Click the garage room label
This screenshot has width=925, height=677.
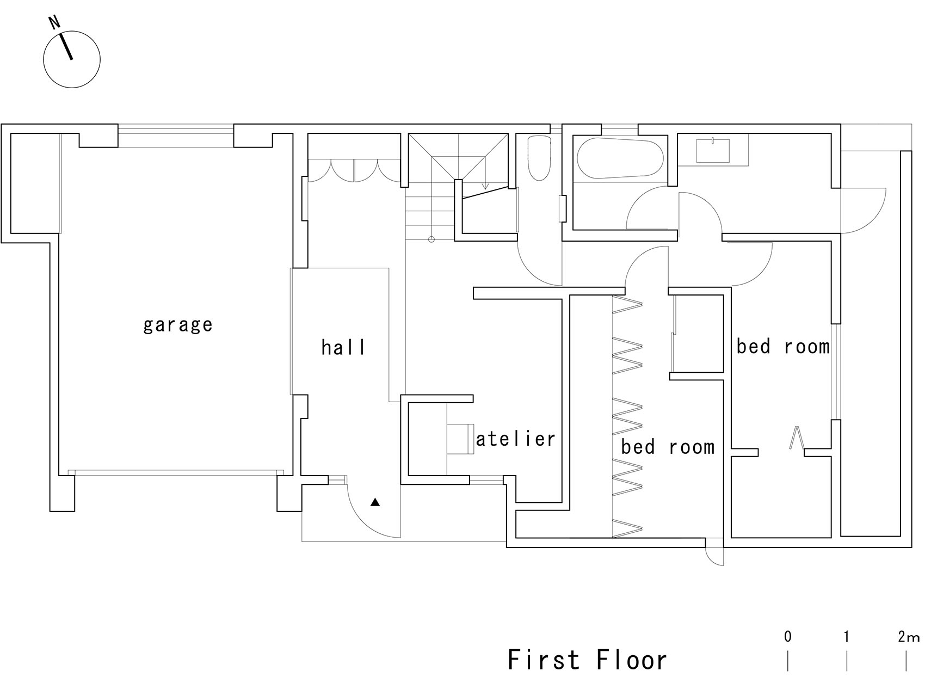click(178, 325)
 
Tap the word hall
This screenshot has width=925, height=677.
click(343, 347)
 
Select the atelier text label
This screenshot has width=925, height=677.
click(515, 439)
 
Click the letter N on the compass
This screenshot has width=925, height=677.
click(54, 22)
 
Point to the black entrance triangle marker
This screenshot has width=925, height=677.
click(375, 502)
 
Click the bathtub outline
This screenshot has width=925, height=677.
click(620, 158)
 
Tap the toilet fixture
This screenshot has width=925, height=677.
click(539, 158)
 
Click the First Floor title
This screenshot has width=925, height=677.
click(587, 660)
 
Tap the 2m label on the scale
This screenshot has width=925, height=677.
click(908, 637)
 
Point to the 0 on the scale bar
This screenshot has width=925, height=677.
click(788, 636)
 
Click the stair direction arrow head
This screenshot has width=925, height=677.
click(485, 187)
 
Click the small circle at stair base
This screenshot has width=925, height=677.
click(431, 239)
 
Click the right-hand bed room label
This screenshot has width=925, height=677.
click(783, 346)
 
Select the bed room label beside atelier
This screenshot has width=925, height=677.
click(668, 447)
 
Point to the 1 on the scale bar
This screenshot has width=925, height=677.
click(847, 636)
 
